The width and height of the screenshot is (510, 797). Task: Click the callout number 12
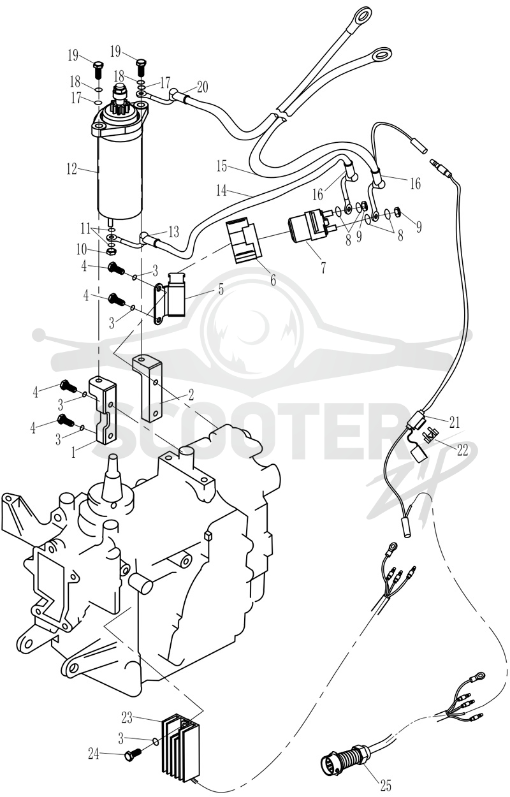[71, 169]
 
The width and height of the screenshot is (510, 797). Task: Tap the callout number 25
[385, 785]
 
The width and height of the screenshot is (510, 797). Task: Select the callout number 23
[127, 718]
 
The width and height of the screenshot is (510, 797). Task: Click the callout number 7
[323, 268]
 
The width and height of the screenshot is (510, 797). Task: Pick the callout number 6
[273, 280]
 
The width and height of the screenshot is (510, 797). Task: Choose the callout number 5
[221, 289]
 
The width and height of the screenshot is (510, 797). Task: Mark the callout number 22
[462, 450]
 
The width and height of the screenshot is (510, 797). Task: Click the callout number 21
[454, 422]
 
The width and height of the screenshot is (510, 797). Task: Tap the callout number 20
[202, 87]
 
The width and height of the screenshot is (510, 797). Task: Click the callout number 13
[173, 232]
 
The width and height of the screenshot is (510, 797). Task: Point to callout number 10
[82, 249]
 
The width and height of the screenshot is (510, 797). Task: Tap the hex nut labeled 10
[111, 251]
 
